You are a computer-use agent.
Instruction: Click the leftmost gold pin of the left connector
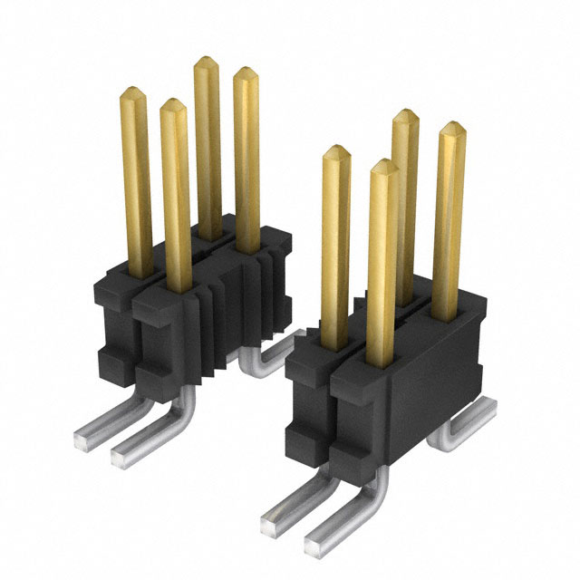(135, 181)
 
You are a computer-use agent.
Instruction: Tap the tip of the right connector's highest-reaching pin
(405, 115)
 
